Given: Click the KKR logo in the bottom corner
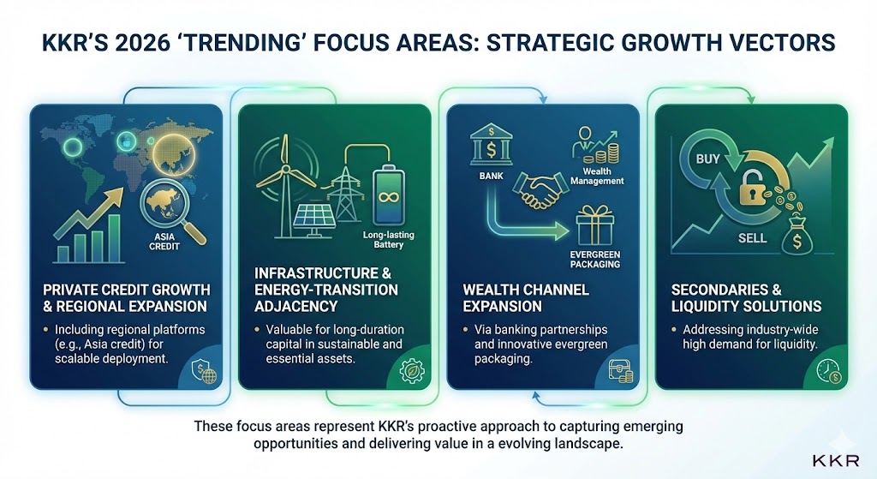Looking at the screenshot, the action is point(836,460).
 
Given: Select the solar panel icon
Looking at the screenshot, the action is point(315,220).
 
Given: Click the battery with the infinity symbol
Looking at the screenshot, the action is point(388,196).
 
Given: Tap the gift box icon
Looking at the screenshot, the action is point(594,225).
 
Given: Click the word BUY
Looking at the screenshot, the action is point(707,159).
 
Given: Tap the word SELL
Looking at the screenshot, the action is point(752,238).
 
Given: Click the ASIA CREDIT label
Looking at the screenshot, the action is point(164,241).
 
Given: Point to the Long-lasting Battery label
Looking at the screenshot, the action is point(388,240).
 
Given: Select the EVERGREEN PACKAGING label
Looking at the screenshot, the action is point(594,259).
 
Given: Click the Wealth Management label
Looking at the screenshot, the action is point(597,177).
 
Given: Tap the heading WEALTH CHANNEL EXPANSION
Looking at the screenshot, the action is point(526,297).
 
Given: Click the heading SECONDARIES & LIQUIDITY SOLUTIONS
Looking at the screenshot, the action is point(746,297).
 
